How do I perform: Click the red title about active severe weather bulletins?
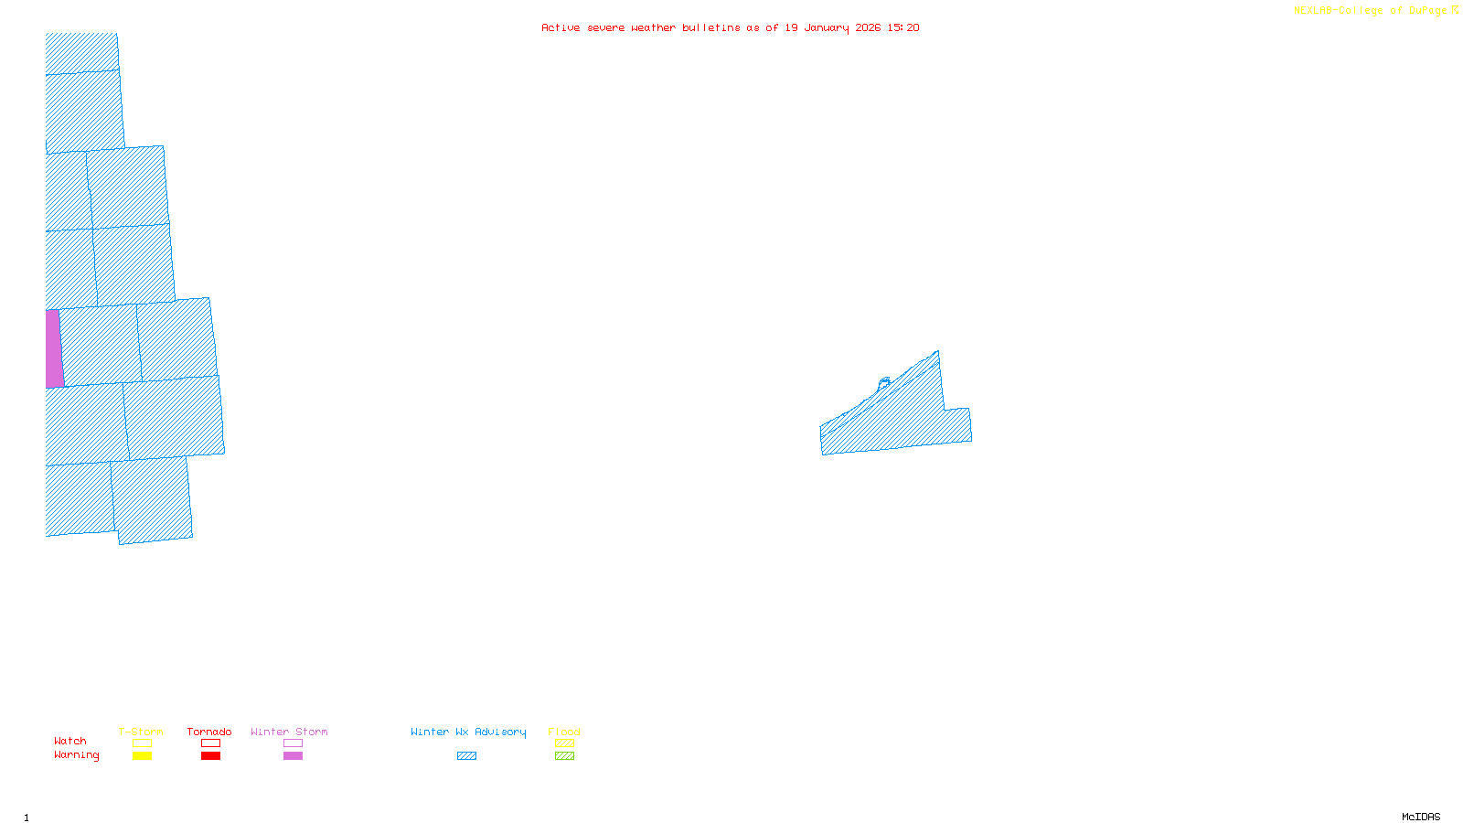coord(730,27)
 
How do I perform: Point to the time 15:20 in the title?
coord(903,27)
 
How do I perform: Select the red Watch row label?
coord(70,741)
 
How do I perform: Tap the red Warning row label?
coord(77,755)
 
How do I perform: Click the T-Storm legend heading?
coord(141,732)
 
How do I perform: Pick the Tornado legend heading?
coord(209,732)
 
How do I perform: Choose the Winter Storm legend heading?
coord(289,732)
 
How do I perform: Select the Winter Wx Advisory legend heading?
coord(468,732)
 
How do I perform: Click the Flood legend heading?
coord(564,732)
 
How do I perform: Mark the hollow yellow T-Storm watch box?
coord(142,743)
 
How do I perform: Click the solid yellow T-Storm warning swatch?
coord(142,756)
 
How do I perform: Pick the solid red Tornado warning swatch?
coord(210,756)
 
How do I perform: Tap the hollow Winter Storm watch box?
coord(293,743)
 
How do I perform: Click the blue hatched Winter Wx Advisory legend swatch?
coord(466,756)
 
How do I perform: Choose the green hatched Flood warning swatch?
coord(564,756)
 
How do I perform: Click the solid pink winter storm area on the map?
coord(54,348)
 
